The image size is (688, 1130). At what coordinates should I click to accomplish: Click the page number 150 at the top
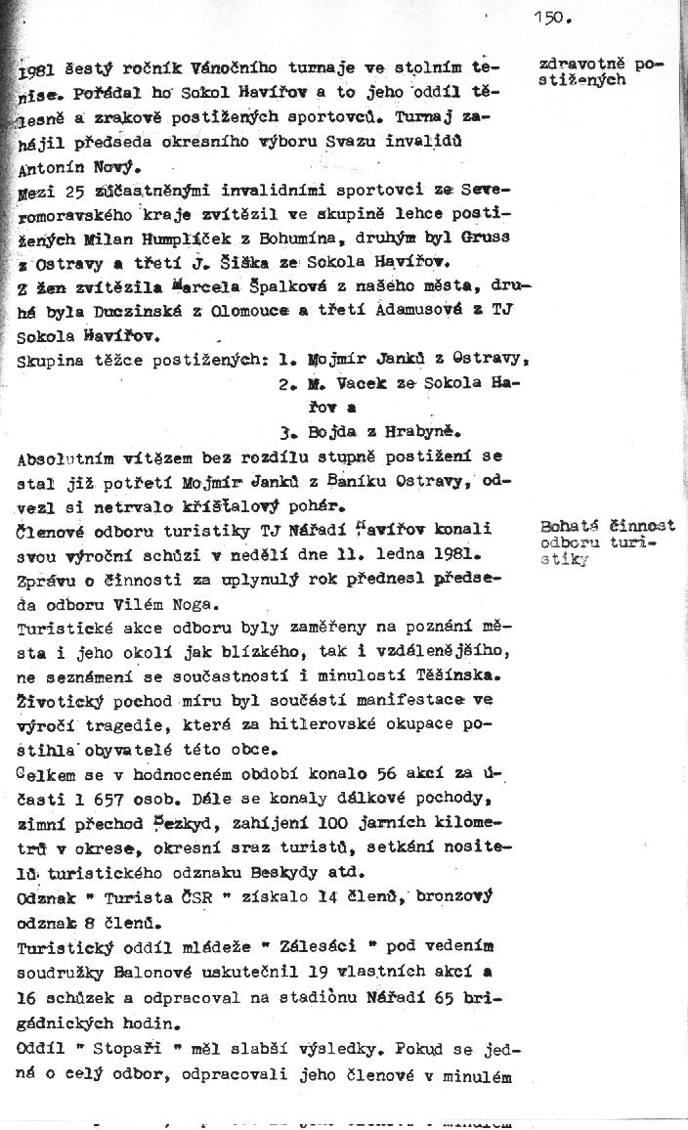click(x=552, y=17)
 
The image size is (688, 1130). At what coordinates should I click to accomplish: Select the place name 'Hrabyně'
click(x=423, y=430)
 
